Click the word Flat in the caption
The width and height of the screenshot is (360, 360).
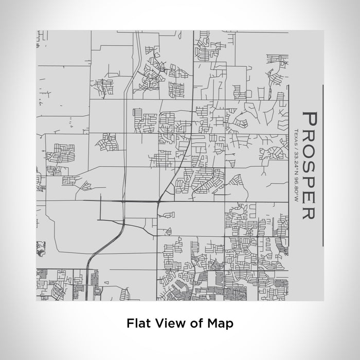[x=137, y=323]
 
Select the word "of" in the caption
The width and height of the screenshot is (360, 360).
[x=191, y=323]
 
